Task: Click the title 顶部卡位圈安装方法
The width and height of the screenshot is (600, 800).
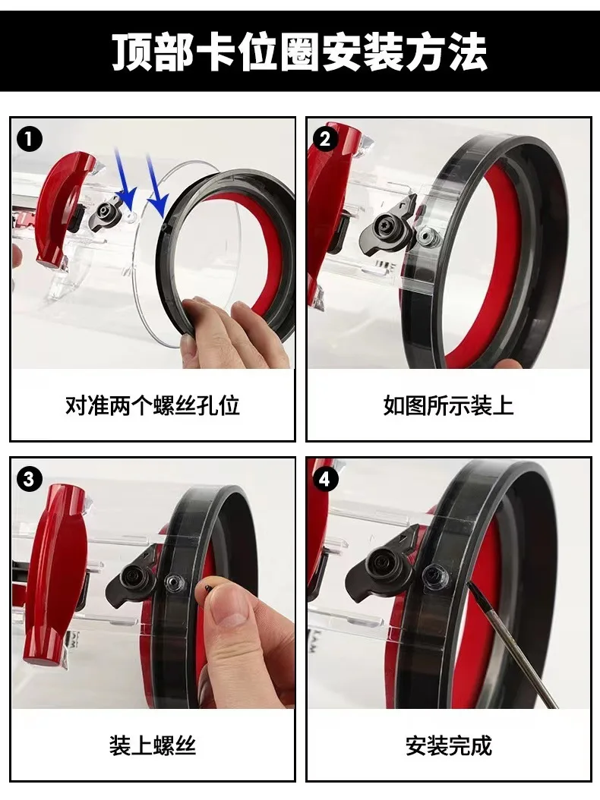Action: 300,51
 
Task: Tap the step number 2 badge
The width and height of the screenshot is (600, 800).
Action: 326,139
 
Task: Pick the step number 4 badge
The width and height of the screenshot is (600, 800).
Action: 326,479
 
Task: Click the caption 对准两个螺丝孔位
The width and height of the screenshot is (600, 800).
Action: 152,405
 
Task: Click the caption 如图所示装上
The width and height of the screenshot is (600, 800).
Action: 448,405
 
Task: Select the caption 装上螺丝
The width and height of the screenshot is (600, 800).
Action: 152,745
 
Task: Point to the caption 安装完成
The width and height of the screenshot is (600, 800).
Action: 448,745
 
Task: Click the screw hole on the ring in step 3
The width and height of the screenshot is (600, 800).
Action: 174,583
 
